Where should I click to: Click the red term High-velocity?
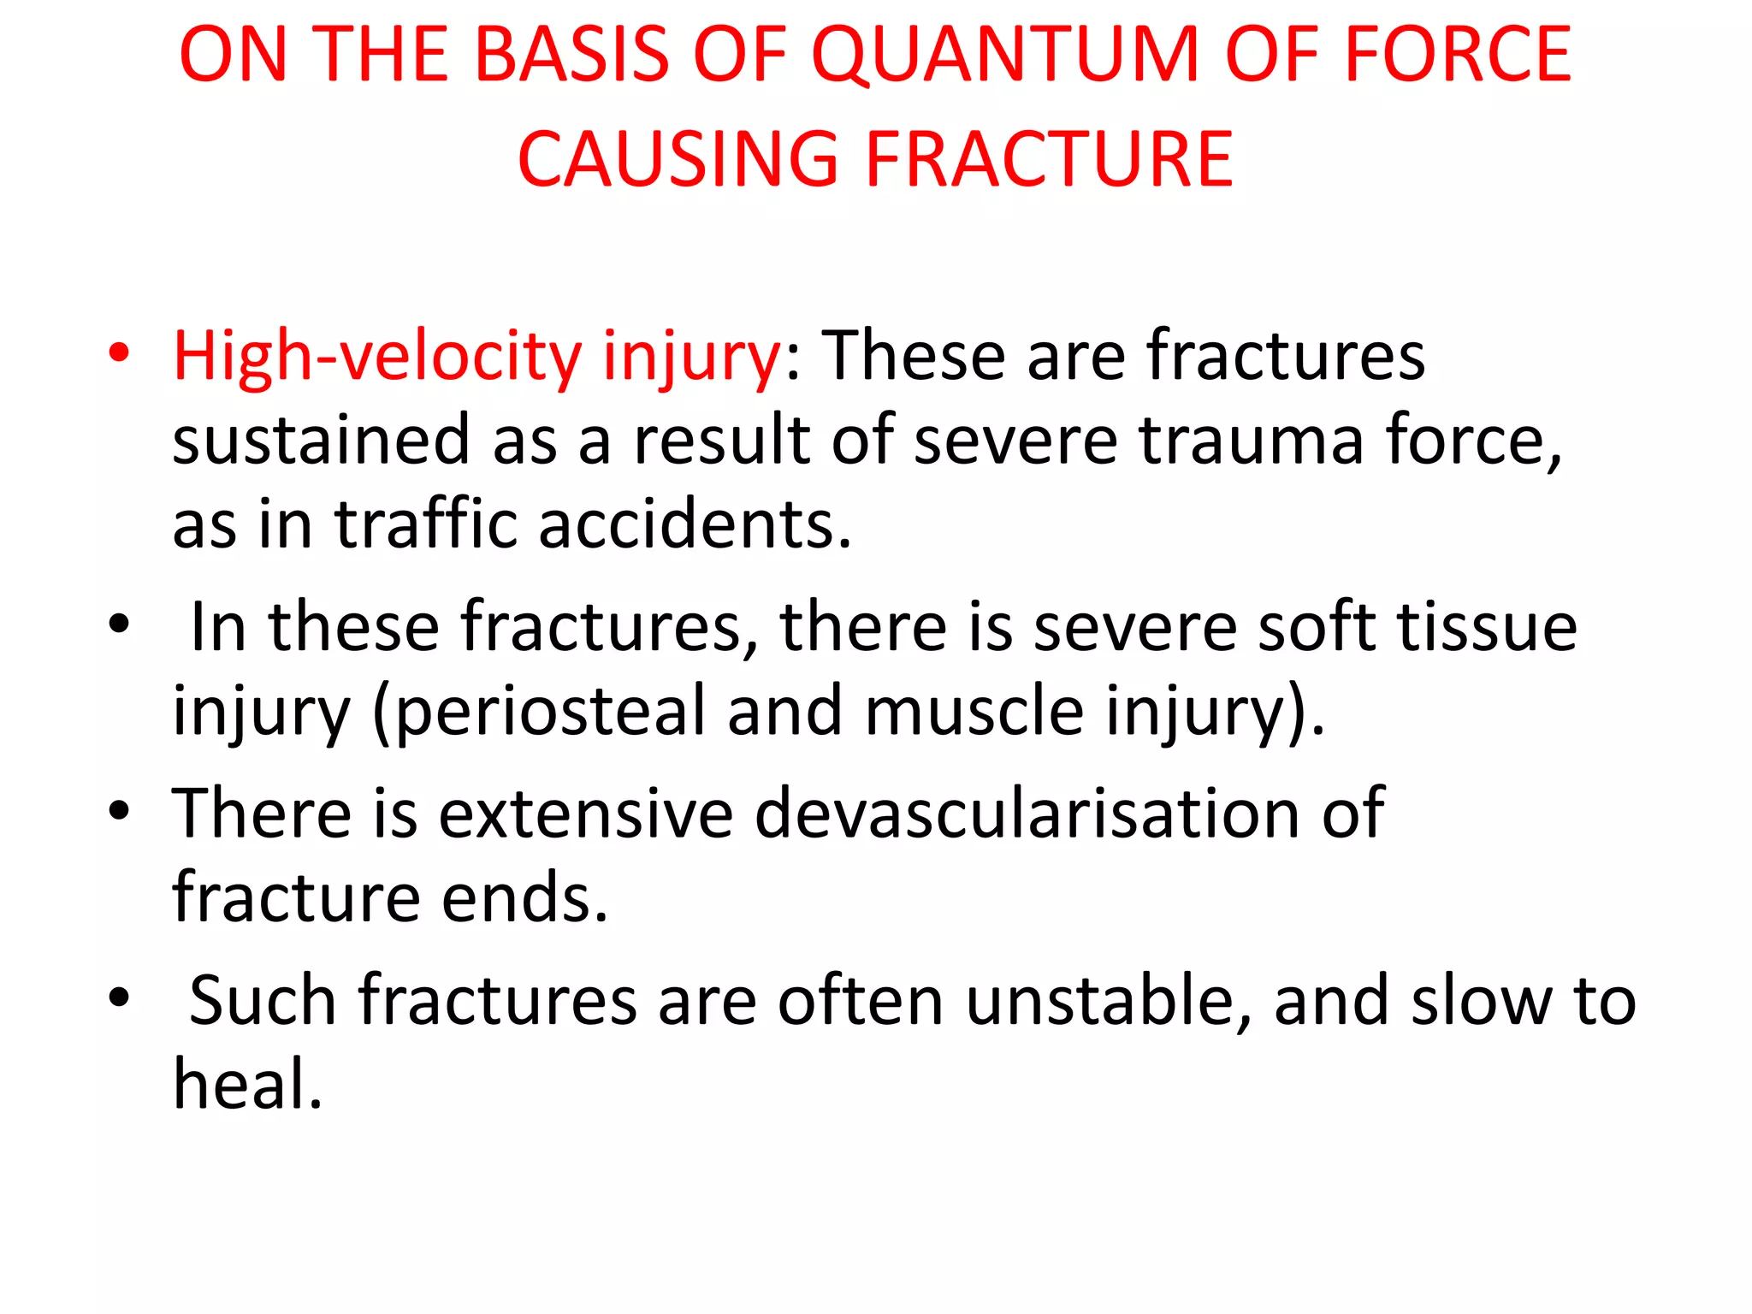pos(377,355)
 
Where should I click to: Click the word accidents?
pos(695,524)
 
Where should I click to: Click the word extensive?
pos(586,813)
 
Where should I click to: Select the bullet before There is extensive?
pos(119,810)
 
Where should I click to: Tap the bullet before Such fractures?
pos(119,997)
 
